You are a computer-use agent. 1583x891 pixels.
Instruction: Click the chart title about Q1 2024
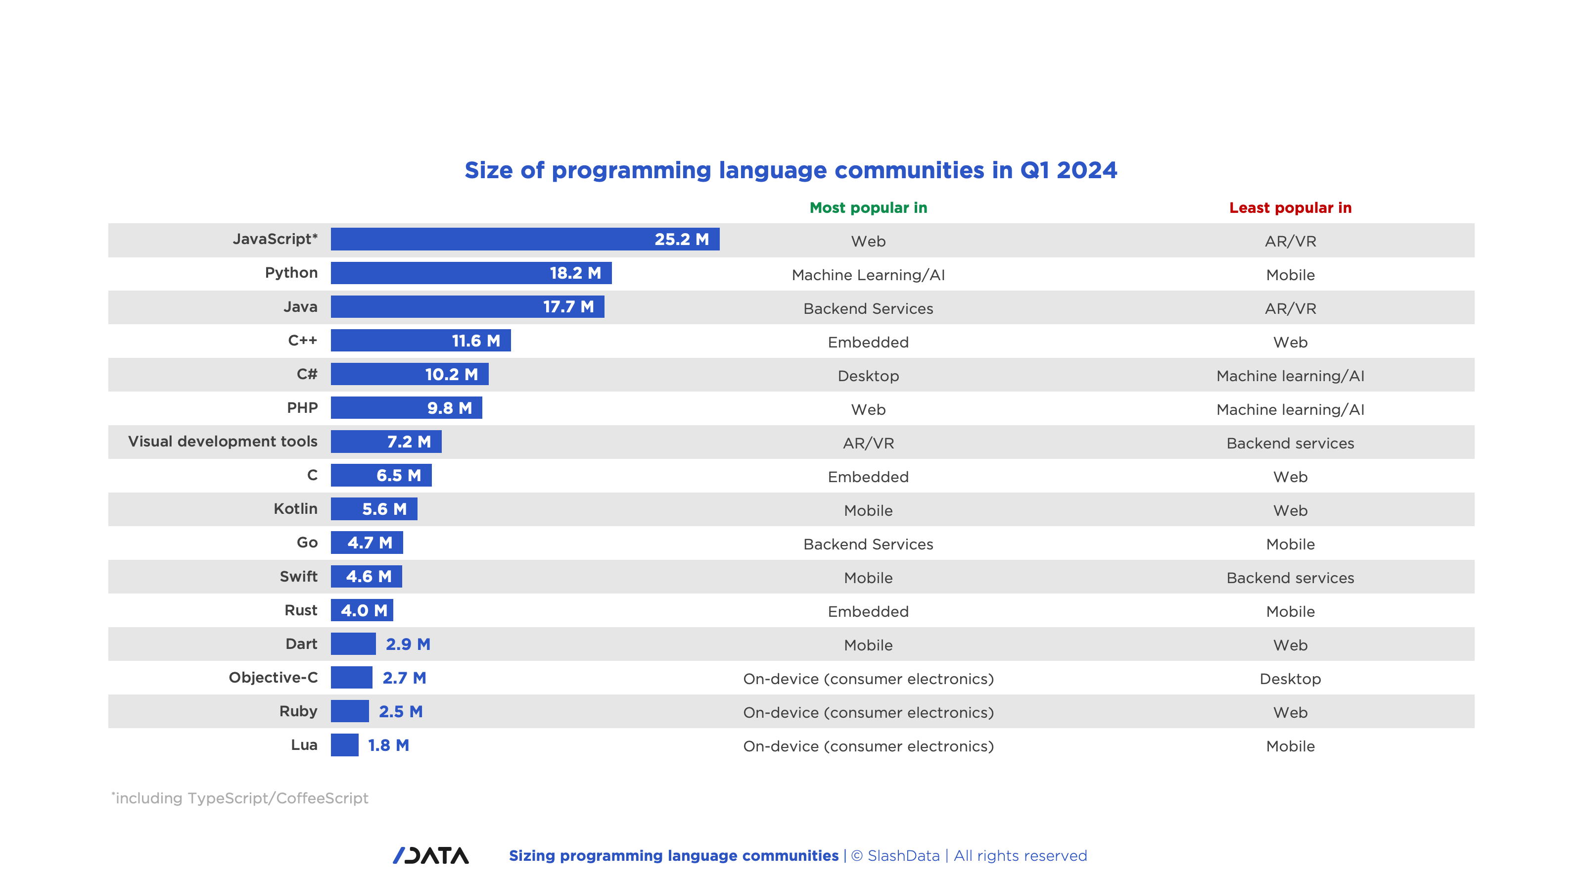pos(791,170)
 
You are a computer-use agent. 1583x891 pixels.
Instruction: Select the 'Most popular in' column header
pos(868,208)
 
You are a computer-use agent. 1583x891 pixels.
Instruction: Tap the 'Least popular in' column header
pos(1290,208)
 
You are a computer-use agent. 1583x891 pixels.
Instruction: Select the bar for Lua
pos(344,744)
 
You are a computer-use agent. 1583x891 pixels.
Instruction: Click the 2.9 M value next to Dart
pos(408,644)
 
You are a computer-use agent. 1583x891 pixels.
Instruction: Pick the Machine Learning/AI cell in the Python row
pos(868,275)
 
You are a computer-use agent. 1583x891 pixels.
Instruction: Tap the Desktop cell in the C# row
pos(868,376)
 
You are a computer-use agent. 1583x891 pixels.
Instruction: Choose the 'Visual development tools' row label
pos(223,441)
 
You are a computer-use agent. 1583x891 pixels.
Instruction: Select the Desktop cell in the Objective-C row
pos(1290,678)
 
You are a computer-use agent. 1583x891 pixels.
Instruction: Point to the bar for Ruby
pos(350,711)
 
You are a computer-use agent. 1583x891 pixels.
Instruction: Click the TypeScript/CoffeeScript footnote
pos(240,797)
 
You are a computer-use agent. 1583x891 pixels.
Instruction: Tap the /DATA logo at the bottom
pos(431,855)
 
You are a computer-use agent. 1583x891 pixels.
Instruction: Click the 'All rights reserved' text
pos(1020,855)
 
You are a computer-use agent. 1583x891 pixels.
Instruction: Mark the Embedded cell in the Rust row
pos(868,611)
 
